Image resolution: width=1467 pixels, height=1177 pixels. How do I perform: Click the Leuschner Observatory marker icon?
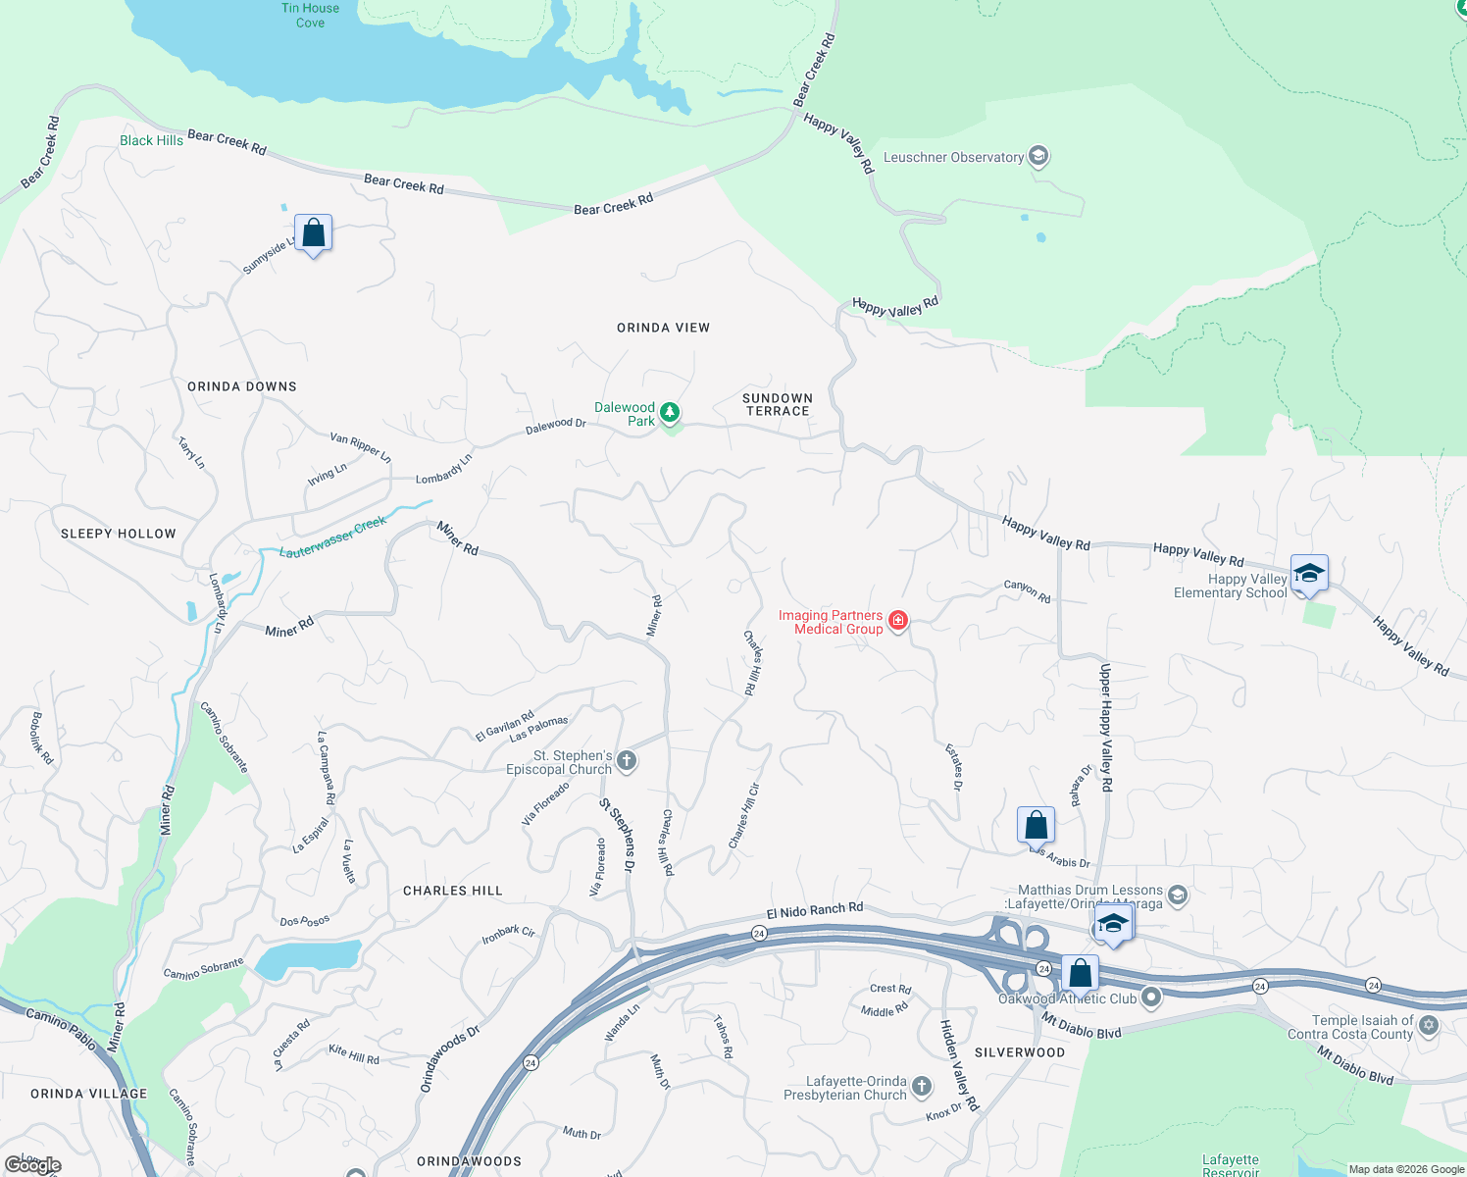click(x=1038, y=156)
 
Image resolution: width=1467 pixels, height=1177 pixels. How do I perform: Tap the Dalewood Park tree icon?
click(x=670, y=412)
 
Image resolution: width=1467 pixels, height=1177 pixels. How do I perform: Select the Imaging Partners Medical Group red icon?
click(x=897, y=620)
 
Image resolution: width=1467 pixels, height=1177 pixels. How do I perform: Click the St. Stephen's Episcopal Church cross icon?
click(x=627, y=760)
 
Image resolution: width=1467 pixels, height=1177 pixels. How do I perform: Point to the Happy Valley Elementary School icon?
click(x=1309, y=573)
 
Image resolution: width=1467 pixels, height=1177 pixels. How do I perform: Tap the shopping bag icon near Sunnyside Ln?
click(x=313, y=233)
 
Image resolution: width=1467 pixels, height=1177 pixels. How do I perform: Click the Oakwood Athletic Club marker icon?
click(x=1151, y=998)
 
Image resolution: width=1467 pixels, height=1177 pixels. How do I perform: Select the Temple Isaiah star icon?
click(x=1429, y=1025)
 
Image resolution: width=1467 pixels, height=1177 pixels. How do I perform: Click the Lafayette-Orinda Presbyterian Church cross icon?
click(x=921, y=1086)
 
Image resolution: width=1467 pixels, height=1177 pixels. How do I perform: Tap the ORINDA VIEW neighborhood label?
click(x=663, y=328)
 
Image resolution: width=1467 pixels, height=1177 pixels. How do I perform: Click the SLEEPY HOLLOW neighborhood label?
click(x=119, y=534)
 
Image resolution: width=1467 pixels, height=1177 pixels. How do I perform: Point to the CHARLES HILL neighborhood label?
click(x=453, y=891)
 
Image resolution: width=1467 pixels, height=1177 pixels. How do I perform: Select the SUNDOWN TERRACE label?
click(x=778, y=405)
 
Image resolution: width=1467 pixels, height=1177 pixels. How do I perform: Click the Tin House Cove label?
click(x=310, y=15)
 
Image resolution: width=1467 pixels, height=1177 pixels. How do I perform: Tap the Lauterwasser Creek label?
click(x=333, y=538)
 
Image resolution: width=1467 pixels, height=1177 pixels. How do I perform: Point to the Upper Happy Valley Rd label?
click(x=1105, y=727)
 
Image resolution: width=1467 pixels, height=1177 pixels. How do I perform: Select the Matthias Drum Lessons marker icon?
click(x=1178, y=895)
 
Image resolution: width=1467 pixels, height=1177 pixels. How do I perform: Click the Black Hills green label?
click(x=151, y=140)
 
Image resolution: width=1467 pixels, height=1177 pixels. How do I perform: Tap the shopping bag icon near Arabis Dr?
click(x=1036, y=826)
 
